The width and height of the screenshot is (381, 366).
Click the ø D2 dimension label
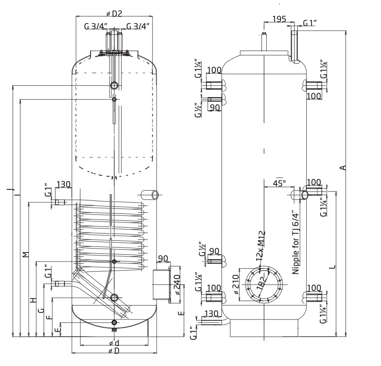pyautogui.click(x=114, y=13)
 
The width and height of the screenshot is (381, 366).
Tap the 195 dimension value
pyautogui.click(x=279, y=19)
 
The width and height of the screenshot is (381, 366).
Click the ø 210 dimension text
pyautogui.click(x=236, y=284)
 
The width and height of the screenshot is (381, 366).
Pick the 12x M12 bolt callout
pyautogui.click(x=261, y=246)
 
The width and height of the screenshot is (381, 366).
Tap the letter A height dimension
pyautogui.click(x=343, y=167)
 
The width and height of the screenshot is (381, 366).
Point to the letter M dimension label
pyautogui.click(x=26, y=255)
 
